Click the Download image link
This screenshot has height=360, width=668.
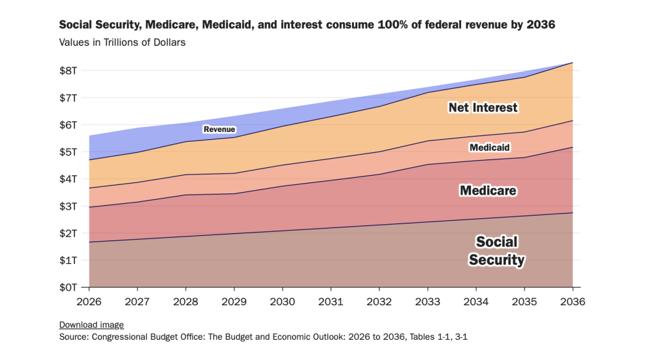[x=91, y=325]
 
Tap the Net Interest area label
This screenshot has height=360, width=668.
[x=483, y=107]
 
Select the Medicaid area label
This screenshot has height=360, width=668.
[x=489, y=148]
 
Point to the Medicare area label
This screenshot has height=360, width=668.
[x=488, y=191]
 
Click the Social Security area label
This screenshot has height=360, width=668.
[x=496, y=251]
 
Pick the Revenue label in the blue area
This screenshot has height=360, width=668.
[x=219, y=129]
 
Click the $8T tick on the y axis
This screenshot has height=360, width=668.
[x=69, y=71]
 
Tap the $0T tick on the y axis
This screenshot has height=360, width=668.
[x=69, y=287]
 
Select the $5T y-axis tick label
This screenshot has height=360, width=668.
[x=69, y=152]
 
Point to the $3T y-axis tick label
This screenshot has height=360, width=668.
[x=69, y=206]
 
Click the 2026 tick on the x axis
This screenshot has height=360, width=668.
[x=89, y=302]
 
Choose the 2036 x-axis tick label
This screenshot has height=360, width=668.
[x=573, y=302]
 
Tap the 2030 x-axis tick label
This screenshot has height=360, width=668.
[x=282, y=302]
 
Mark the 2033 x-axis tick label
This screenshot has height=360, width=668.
[x=428, y=302]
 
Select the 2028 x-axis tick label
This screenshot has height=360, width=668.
[x=185, y=302]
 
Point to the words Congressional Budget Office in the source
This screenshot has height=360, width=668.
[x=144, y=338]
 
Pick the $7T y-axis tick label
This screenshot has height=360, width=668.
[x=69, y=98]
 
